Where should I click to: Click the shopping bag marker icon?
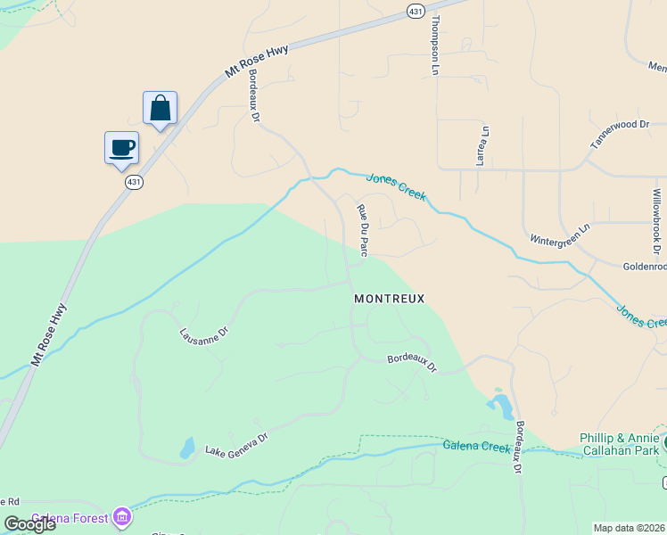[x=161, y=109]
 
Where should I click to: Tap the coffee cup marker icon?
[x=121, y=148]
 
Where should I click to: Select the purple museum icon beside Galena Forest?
[x=121, y=517]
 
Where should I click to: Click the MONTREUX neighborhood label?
[x=389, y=299]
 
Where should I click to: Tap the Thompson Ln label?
[x=436, y=44]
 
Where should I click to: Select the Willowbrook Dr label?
[x=657, y=218]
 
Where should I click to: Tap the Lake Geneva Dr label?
[x=236, y=443]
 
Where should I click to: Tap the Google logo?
[x=29, y=524]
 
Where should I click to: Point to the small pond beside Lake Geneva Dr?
[x=186, y=447]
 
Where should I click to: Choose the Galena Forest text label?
[x=70, y=518]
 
